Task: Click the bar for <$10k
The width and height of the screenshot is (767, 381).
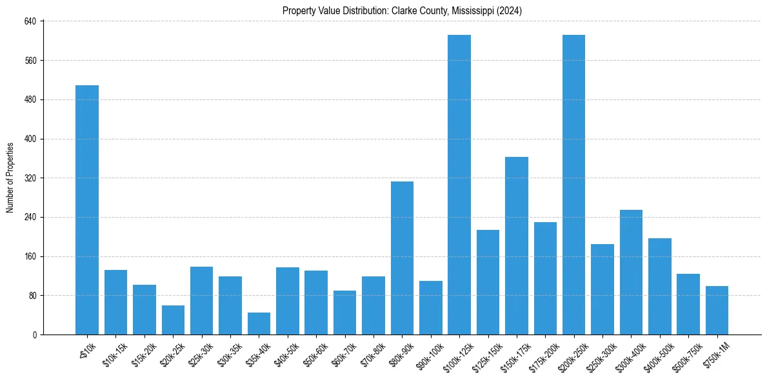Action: (87, 210)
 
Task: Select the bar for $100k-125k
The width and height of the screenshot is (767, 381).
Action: (459, 185)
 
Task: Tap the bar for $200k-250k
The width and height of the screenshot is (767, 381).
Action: (573, 185)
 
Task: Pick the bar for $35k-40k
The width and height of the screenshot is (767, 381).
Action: (259, 324)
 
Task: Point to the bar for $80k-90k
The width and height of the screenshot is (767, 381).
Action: (402, 258)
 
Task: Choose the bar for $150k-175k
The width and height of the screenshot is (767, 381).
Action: (517, 245)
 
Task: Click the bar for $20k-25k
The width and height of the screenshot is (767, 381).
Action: (173, 320)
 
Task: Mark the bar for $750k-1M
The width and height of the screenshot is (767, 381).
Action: (717, 310)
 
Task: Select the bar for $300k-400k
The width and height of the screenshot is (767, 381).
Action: (631, 272)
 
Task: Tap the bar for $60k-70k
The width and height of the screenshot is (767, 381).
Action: (344, 313)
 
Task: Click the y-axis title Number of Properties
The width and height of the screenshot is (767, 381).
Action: (10, 178)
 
